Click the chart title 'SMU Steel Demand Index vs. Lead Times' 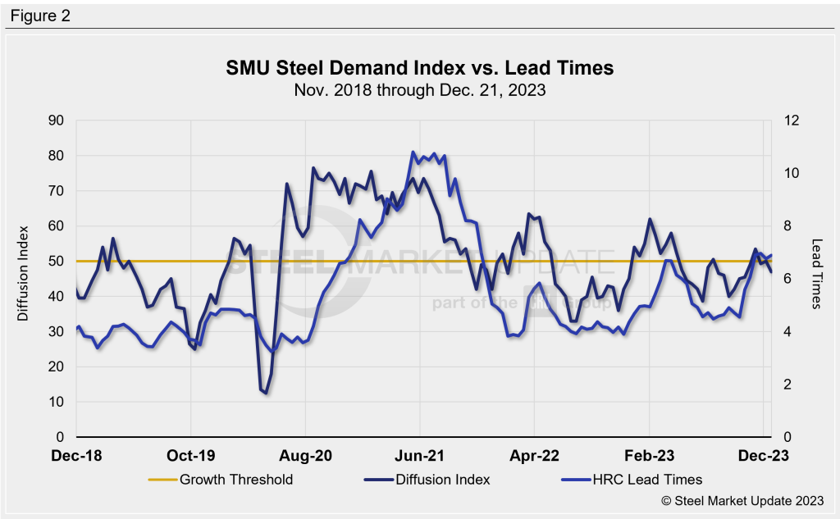[x=419, y=68]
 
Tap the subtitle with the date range [x=419, y=90]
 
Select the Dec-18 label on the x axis [x=75, y=455]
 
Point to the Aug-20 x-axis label [x=305, y=455]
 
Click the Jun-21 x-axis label [x=419, y=455]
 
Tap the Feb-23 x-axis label [x=649, y=455]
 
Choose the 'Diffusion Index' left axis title [x=25, y=273]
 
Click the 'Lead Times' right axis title [x=816, y=274]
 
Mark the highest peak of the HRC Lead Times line [x=413, y=153]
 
